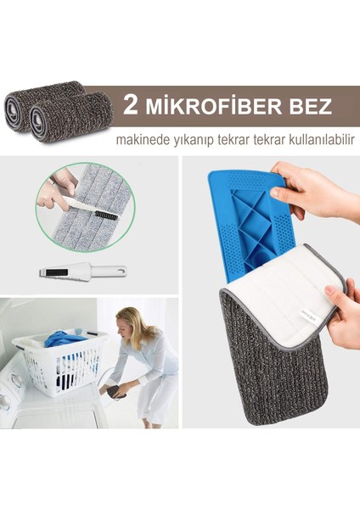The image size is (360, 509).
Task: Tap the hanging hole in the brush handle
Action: tap(121, 271)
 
